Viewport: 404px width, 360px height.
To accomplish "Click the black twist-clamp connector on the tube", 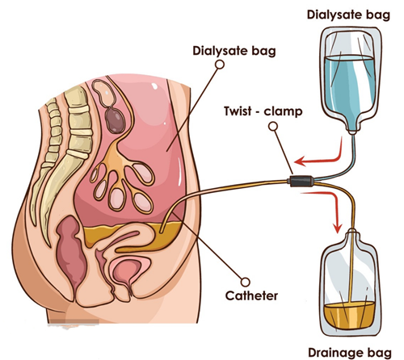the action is point(301,181).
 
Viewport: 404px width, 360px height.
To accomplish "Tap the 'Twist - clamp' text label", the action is point(263,111).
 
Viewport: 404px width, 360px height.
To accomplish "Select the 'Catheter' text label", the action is point(251,296).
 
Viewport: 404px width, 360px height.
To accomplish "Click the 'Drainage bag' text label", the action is point(350,353).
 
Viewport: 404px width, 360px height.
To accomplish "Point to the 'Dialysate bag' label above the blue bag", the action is point(348,15).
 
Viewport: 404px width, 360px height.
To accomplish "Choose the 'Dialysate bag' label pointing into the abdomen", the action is point(234,51).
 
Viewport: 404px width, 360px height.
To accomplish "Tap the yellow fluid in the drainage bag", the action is point(349,315).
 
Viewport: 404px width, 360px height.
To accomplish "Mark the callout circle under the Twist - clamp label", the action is point(273,127).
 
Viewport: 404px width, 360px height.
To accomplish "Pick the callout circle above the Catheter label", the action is point(245,282).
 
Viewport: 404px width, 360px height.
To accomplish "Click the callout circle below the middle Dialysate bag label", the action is point(220,65).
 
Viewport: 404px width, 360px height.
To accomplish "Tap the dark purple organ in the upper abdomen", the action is point(116,120).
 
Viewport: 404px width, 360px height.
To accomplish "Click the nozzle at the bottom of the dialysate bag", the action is point(352,131).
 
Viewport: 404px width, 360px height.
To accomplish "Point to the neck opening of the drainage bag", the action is point(352,231).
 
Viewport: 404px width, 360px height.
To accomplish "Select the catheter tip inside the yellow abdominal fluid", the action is point(161,231).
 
